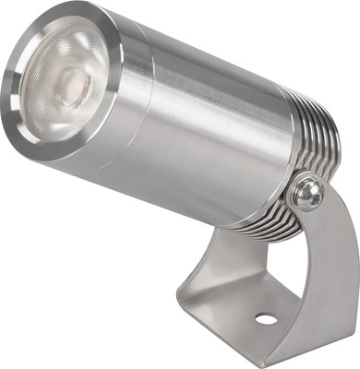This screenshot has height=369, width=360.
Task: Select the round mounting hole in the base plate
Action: pos(265,319)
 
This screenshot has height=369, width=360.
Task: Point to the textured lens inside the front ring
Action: pos(60,88)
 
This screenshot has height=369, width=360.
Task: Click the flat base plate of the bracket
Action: pos(249,309)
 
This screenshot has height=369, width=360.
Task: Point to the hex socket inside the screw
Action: pos(307,195)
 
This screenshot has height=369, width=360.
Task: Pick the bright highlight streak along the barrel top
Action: pos(212,65)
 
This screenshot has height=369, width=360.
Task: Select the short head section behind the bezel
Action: pos(129,101)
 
